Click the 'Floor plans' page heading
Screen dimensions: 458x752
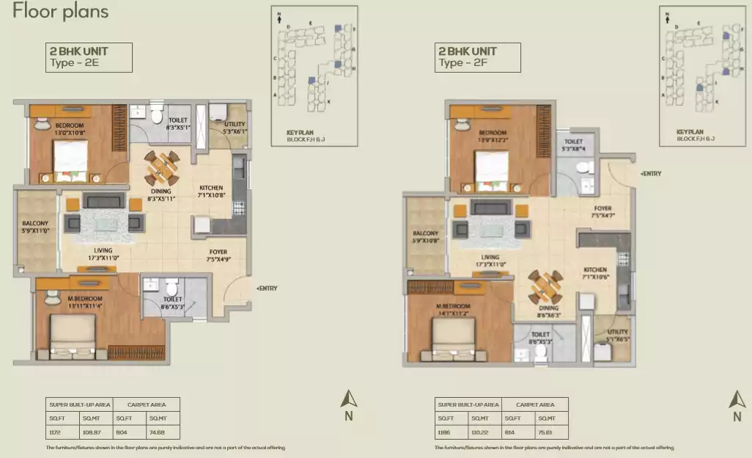coord(61,12)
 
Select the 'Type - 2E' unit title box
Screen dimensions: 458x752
coord(89,57)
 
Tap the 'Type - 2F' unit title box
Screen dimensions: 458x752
coord(478,57)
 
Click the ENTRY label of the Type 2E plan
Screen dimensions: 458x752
coord(266,288)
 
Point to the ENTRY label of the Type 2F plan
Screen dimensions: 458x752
coord(652,173)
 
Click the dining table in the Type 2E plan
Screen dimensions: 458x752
coord(161,168)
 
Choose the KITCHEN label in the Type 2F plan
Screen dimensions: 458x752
coord(595,270)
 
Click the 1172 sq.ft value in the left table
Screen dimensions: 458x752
coord(55,432)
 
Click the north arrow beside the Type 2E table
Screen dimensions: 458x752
coord(350,400)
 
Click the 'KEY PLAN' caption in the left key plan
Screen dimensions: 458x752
coord(301,132)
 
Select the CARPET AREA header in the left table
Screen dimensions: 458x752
coord(146,404)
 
